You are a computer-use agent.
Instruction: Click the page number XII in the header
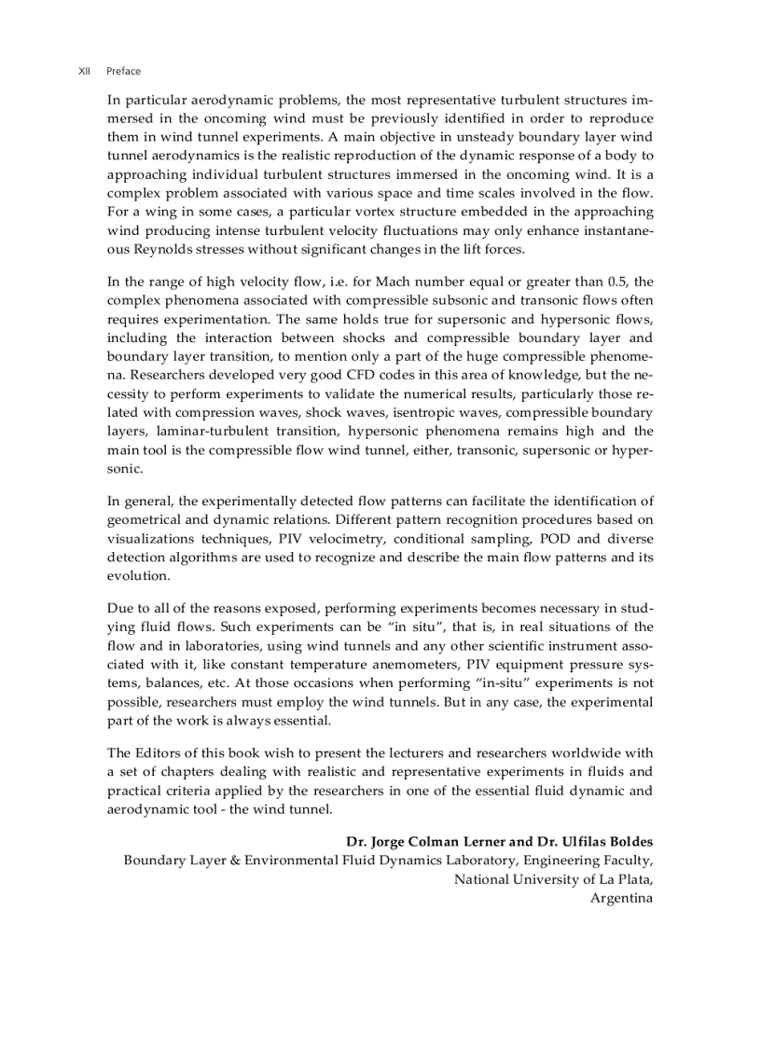pyautogui.click(x=84, y=71)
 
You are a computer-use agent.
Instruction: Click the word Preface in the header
pyautogui.click(x=123, y=71)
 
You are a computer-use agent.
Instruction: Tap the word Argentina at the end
pyautogui.click(x=621, y=898)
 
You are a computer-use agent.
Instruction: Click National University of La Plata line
pyautogui.click(x=553, y=879)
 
